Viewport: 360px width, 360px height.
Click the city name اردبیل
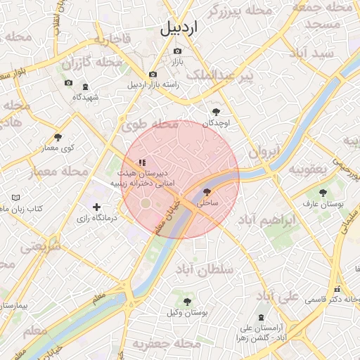point(179,28)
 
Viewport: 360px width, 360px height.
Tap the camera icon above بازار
point(176,51)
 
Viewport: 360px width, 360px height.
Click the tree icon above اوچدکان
point(216,111)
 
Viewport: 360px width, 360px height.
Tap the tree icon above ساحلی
point(207,191)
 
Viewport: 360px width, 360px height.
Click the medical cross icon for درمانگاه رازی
point(97,207)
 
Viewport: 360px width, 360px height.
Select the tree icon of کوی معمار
point(58,137)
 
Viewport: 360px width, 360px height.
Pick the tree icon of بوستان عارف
point(323,193)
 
